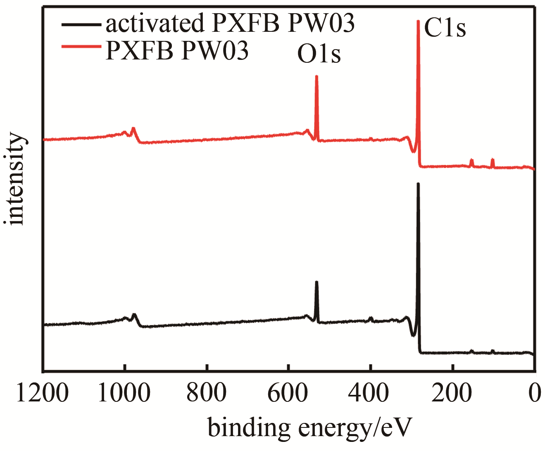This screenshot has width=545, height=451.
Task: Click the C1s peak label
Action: (x=445, y=28)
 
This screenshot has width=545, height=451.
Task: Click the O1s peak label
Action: (x=319, y=54)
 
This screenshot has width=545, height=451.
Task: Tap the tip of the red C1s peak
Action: (x=418, y=21)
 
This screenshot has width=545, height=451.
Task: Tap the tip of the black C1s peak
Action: (x=418, y=184)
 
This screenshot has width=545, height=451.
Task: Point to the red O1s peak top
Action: (x=317, y=76)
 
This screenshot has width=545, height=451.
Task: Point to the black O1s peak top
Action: (x=317, y=282)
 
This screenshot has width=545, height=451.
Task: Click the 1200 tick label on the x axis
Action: (x=43, y=393)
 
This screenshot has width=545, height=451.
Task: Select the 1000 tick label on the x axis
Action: (x=124, y=393)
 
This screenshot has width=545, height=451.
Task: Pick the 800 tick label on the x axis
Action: (x=206, y=393)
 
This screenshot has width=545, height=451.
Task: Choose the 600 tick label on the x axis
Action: (x=288, y=393)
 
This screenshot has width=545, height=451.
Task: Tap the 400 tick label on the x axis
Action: (x=369, y=393)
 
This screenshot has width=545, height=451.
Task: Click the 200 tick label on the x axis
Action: (x=451, y=393)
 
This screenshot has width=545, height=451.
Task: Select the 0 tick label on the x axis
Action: (x=535, y=393)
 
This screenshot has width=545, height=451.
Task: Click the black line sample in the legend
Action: (x=81, y=24)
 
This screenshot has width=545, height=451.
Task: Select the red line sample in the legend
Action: (x=81, y=47)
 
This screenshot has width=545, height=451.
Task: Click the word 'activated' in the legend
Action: (x=155, y=24)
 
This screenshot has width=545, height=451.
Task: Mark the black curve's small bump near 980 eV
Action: (x=133, y=316)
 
